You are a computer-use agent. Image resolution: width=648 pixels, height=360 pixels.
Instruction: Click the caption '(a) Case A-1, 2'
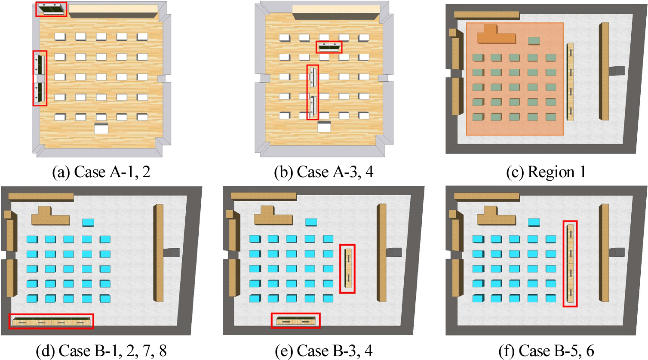click(101, 172)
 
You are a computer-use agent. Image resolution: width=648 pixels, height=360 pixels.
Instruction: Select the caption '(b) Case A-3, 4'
click(324, 172)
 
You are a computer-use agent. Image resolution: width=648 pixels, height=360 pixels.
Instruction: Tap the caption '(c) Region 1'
click(546, 172)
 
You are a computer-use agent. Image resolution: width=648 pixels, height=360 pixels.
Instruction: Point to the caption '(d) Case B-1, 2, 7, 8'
click(101, 351)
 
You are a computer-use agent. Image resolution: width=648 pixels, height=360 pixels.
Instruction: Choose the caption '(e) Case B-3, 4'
click(324, 351)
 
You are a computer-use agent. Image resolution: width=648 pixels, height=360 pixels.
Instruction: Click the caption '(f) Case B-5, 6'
click(546, 351)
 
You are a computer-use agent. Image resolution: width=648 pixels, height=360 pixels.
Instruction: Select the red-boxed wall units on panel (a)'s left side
click(40, 78)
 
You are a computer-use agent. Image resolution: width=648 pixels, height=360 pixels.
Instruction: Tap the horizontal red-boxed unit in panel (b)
click(329, 47)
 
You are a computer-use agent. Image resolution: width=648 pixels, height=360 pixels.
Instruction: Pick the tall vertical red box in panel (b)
click(313, 92)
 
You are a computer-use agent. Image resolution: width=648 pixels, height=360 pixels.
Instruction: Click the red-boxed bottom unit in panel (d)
click(51, 321)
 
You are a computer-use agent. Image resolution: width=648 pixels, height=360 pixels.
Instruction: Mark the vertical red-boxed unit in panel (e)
click(347, 268)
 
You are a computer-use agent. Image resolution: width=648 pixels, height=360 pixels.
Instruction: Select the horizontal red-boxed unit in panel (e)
click(295, 320)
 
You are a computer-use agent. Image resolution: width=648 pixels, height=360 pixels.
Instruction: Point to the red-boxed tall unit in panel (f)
click(570, 264)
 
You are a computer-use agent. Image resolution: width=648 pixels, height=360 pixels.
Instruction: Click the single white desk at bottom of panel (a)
click(101, 128)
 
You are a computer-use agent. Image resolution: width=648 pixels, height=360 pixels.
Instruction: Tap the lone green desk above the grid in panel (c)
click(534, 40)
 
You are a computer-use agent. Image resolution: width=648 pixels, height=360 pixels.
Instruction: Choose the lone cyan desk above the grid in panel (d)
click(88, 222)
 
